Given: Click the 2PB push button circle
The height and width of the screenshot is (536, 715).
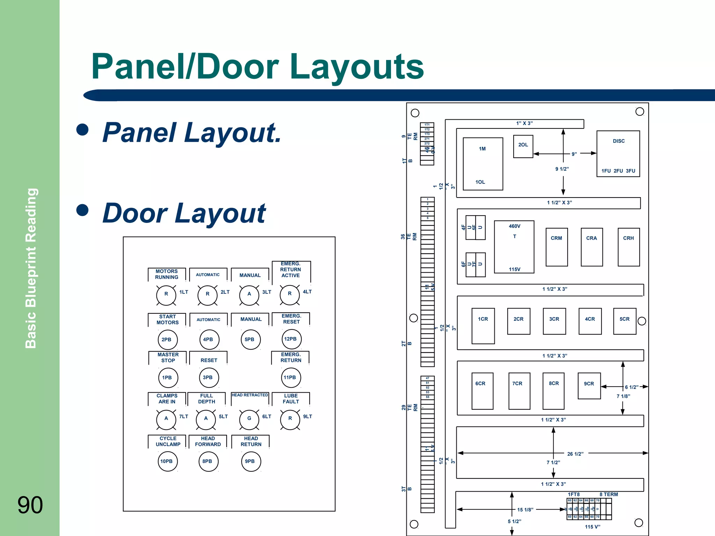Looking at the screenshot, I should (167, 340).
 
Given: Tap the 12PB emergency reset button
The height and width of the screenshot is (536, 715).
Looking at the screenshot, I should (291, 339).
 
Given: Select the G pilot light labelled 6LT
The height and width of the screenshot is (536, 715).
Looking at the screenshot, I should (249, 419).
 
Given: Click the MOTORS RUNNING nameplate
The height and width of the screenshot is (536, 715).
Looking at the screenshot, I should (167, 274).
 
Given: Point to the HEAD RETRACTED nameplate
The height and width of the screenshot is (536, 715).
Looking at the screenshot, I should (250, 395).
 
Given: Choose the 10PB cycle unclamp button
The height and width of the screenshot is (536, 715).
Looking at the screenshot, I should (167, 461).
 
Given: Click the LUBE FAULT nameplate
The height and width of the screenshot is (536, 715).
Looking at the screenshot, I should (291, 399).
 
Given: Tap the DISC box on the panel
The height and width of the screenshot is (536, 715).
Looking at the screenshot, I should (618, 154).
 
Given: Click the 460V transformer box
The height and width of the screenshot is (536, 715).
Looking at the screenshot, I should (514, 247).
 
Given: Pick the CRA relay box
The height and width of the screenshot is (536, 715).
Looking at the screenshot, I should (592, 247).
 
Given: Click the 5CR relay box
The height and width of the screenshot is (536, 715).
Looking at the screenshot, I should (625, 321).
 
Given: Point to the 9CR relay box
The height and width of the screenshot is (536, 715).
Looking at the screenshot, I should (589, 386).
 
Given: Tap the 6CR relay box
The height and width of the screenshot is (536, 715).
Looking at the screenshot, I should (482, 391).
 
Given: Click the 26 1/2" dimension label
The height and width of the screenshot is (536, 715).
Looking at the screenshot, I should (575, 454).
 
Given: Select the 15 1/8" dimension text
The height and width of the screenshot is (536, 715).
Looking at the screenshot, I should (525, 510).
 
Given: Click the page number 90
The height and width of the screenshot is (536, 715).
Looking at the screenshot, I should (30, 505).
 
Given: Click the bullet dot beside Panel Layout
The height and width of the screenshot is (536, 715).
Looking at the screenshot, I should (82, 129).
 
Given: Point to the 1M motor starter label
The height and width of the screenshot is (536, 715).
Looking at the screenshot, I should (482, 149).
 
